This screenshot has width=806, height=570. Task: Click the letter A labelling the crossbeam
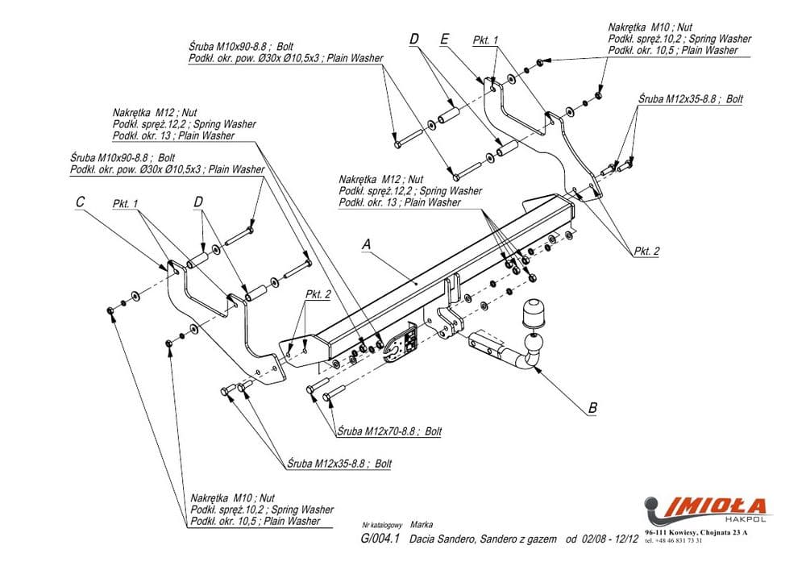tap(367, 243)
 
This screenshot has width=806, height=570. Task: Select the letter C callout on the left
tap(81, 203)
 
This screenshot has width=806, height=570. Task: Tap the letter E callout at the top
tap(444, 39)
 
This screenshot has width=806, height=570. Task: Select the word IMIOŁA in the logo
tap(717, 506)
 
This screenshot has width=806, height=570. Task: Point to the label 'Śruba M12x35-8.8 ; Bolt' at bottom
tap(339, 464)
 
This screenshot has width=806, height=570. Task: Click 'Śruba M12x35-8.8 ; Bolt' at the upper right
tap(690, 99)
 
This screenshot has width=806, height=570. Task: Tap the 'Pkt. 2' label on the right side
tap(646, 252)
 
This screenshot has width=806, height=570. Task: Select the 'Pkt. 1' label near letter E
tap(486, 40)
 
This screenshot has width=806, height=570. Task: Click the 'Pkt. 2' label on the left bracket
tap(318, 294)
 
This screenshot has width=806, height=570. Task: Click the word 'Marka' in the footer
tap(421, 524)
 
